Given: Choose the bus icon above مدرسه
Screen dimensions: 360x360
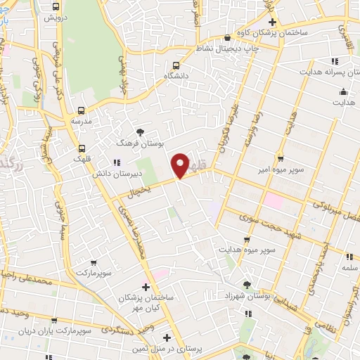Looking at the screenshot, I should [81, 110].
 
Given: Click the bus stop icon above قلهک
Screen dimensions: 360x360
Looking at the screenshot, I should [82, 148].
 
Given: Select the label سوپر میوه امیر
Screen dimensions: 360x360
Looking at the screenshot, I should [281, 169].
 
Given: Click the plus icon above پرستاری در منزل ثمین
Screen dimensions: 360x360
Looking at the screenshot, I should [167, 337].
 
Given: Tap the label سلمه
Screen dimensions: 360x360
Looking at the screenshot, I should [349, 268].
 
